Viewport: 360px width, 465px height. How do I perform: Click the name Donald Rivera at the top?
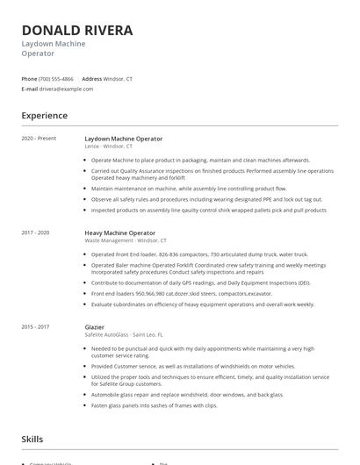tap(77, 31)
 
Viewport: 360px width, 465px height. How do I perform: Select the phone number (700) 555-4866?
tap(56, 78)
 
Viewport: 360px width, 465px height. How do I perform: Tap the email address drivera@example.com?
tap(66, 89)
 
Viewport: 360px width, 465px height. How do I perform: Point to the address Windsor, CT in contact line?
tap(119, 78)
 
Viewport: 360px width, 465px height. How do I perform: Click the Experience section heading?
tap(44, 116)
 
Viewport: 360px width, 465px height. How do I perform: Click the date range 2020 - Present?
tap(39, 139)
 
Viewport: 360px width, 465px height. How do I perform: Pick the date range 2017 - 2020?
tap(36, 232)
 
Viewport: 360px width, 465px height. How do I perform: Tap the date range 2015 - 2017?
tap(36, 326)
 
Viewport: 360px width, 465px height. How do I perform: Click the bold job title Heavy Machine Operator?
tap(119, 232)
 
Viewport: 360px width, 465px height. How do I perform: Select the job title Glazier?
tap(95, 326)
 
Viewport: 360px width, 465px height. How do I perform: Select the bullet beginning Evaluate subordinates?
tap(202, 304)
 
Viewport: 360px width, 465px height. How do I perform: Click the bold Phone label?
tap(29, 78)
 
